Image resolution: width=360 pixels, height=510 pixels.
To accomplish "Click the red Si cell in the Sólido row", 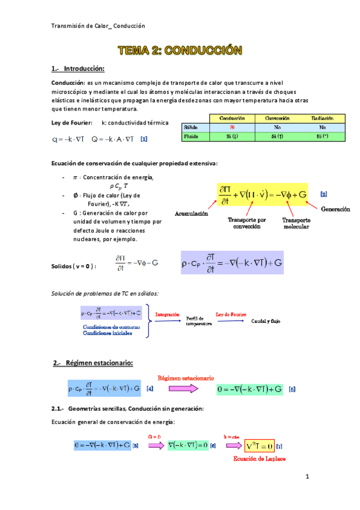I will pos(233,127).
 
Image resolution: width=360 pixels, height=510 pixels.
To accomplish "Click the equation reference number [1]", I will pos(144,138).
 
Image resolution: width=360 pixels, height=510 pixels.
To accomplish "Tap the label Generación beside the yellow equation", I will pos(335,209).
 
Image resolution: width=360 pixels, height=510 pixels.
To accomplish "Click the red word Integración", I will pos(168,315).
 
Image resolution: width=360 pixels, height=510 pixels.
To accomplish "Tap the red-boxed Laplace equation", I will pos(260,446).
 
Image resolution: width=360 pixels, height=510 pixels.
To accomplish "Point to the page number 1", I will pos(307,478).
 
